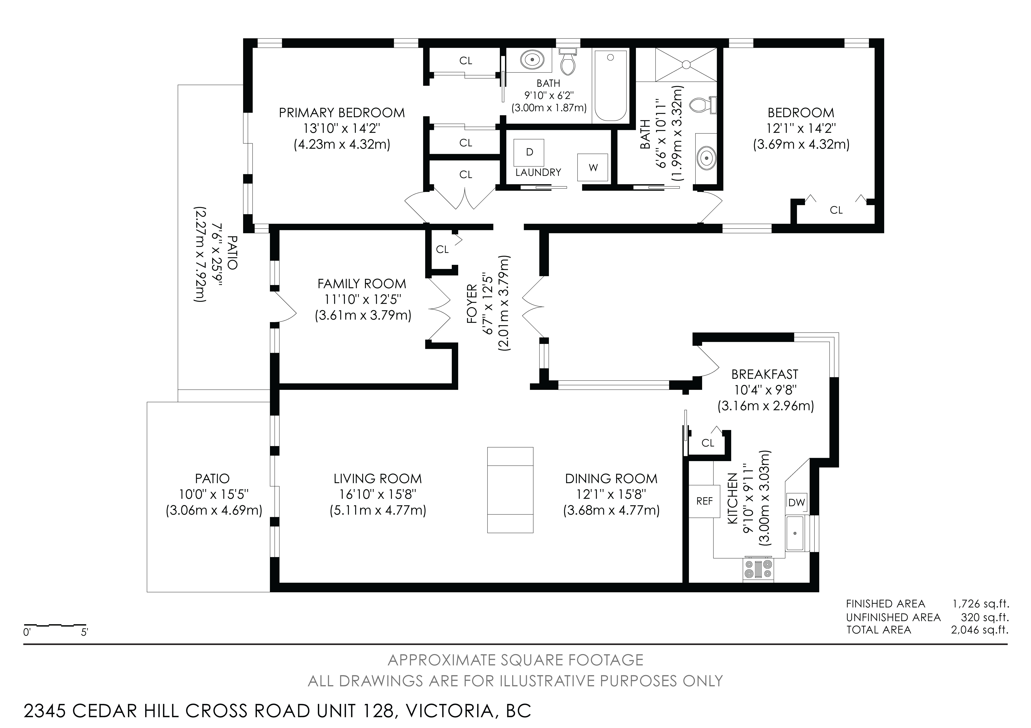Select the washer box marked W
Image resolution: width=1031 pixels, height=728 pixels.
pyautogui.click(x=593, y=167)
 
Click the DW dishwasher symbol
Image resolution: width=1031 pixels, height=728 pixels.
pyautogui.click(x=797, y=502)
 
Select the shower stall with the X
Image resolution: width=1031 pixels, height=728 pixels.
pyautogui.click(x=686, y=65)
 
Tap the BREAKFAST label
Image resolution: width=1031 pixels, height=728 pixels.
pyautogui.click(x=765, y=374)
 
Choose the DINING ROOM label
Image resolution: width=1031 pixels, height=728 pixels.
pyautogui.click(x=611, y=479)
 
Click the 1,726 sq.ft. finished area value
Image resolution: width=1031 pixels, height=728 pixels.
pyautogui.click(x=980, y=604)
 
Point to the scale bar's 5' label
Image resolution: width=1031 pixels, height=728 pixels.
pyautogui.click(x=84, y=633)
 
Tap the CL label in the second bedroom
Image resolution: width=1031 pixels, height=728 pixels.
pyautogui.click(x=836, y=210)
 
